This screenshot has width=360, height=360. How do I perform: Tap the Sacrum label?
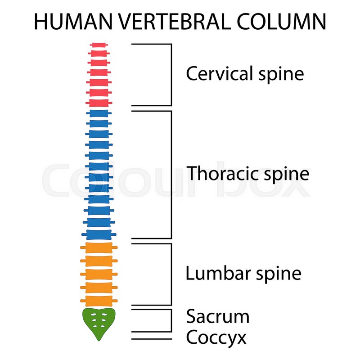pos(218,317)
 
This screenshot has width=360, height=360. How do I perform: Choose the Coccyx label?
pos(216,337)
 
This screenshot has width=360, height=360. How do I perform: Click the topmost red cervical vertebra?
pos(99,45)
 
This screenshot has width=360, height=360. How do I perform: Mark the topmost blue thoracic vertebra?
pos(99,113)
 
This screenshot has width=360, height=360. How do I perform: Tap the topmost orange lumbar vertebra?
pos(99,247)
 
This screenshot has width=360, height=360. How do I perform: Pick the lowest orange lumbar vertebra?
pos(99,300)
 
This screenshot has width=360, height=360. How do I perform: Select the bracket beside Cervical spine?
pos(171,74)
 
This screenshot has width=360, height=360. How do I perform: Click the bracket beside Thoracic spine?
pos(171,175)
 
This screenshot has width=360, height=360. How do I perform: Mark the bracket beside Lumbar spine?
pos(171,274)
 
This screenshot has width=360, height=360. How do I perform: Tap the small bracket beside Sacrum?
pos(171,320)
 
